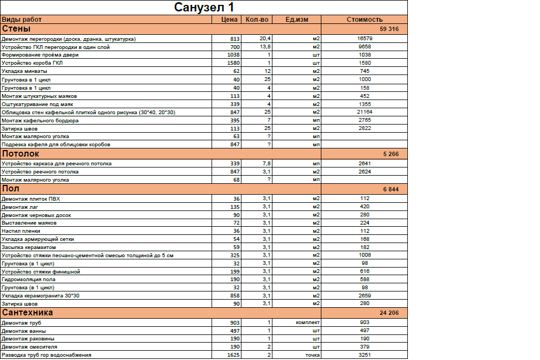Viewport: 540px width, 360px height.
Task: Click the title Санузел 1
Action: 204,8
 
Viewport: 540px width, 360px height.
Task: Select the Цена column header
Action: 229,20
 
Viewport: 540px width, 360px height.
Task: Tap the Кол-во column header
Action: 257,20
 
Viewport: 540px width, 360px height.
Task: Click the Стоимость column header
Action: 364,20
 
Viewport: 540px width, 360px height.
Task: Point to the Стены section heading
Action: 16,28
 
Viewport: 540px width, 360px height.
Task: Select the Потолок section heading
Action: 21,154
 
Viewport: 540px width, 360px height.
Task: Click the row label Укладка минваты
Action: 24,71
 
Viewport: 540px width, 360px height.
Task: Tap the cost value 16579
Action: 364,39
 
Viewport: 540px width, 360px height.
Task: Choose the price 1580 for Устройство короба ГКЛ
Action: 233,63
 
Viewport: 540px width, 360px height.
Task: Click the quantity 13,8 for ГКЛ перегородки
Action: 265,47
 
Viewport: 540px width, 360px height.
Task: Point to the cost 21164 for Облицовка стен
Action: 364,112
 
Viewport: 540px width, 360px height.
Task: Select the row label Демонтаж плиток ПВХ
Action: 31,198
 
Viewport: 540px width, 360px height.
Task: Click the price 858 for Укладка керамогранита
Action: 234,295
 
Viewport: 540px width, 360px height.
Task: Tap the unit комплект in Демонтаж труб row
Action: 307,322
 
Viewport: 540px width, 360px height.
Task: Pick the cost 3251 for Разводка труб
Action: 364,355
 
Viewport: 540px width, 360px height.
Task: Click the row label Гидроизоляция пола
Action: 29,279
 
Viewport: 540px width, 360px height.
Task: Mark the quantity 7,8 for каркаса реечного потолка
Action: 265,163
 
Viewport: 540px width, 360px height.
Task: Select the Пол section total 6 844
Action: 390,189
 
